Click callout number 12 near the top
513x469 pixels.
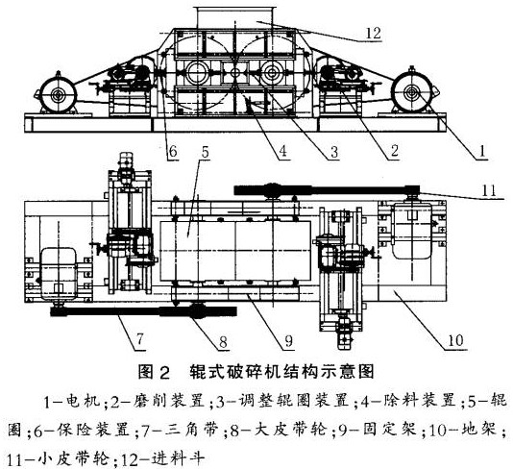pos(374,34)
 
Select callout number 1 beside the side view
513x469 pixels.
pos(481,151)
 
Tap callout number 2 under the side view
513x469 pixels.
pos(395,151)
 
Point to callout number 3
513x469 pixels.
pos(334,152)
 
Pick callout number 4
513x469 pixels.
pos(282,151)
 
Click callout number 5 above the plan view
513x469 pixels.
pos(206,152)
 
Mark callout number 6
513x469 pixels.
pos(173,151)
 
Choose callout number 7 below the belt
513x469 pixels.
pos(140,339)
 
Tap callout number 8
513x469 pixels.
pos(223,342)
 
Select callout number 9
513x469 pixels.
pos(288,341)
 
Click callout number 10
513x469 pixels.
pos(455,341)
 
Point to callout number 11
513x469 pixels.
pos(489,191)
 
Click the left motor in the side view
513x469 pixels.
pos(59,94)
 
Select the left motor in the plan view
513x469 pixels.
pos(59,274)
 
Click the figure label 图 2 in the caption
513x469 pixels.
pos(154,372)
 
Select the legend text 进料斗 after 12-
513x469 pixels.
pos(179,458)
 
